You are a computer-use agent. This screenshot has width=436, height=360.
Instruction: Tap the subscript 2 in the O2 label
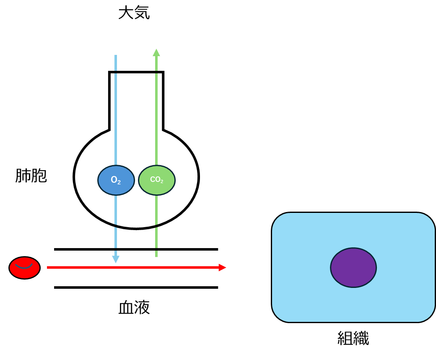119,183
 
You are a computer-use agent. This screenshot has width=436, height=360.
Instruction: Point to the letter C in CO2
152,179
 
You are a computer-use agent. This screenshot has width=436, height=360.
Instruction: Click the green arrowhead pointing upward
156,53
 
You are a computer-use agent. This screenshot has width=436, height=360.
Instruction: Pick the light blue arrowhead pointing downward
116,259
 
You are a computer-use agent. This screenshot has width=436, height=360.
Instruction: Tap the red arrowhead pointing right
222,267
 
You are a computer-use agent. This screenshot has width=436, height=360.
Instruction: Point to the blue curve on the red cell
24,267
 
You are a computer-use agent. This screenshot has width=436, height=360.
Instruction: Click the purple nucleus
353,267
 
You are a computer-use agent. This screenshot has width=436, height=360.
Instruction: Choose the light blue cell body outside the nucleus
302,293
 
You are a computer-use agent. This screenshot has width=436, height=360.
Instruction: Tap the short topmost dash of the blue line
116,63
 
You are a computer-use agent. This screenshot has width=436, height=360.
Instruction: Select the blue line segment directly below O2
116,210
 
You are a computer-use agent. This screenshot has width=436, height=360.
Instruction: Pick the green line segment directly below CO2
156,210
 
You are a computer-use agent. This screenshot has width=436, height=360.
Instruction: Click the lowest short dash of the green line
156,254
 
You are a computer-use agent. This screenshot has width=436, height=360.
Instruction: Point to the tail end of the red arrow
49,267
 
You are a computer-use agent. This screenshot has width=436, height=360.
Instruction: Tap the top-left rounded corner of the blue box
279,220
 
